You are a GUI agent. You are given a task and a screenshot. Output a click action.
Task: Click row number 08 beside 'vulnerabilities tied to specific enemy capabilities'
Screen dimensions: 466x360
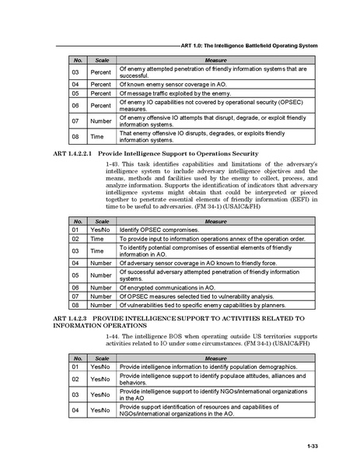point(75,306)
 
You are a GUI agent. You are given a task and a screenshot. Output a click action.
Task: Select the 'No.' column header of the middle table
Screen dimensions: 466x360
point(76,222)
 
